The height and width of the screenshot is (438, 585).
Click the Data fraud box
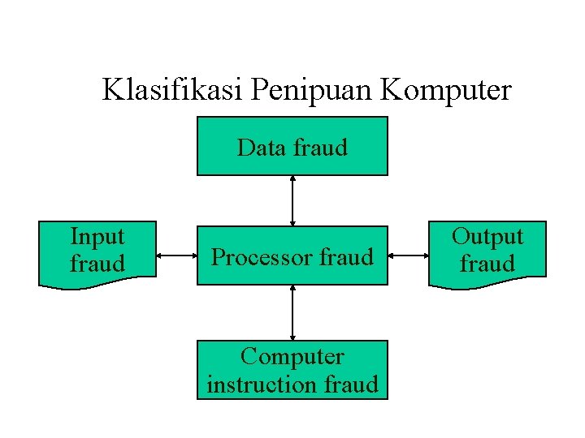292,146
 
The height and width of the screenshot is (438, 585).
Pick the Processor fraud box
292,256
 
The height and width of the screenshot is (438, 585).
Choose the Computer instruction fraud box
292,370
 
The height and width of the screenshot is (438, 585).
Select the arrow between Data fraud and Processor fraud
292,200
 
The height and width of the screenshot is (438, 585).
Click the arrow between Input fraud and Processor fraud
176,256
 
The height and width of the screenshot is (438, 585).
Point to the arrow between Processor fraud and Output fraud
409,256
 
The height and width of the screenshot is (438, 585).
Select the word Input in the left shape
97,237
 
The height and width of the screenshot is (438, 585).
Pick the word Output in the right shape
487,237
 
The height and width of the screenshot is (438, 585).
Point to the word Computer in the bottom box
292,357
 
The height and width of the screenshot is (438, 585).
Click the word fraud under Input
97,264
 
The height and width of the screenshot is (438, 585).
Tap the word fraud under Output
487,264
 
